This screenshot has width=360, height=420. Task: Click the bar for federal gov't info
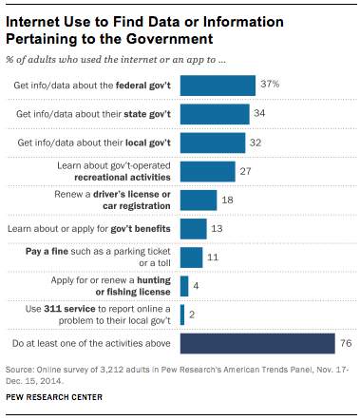(x=218, y=86)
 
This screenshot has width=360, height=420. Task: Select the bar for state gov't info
(x=215, y=114)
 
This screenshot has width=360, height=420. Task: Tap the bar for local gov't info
(x=213, y=143)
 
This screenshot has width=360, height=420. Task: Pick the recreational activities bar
(x=208, y=171)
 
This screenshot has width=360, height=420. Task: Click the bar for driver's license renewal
(x=199, y=200)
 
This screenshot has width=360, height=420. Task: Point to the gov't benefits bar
(x=194, y=229)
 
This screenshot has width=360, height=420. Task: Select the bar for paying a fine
(x=192, y=258)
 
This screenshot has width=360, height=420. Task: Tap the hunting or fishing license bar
(x=184, y=286)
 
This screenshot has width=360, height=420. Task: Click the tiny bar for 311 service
(x=182, y=315)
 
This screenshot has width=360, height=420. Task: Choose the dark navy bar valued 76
(x=257, y=343)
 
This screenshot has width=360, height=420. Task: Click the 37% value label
(x=270, y=84)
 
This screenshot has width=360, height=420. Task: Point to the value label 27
(x=246, y=171)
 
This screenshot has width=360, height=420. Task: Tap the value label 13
(x=217, y=229)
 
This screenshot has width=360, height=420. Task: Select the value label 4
(x=196, y=286)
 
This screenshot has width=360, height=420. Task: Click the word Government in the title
(x=169, y=39)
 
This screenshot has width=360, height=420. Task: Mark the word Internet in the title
(x=33, y=22)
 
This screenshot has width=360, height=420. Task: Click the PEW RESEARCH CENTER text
(x=54, y=397)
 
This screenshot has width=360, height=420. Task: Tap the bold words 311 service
(x=69, y=309)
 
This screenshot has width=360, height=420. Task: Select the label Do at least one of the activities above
(x=91, y=343)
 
